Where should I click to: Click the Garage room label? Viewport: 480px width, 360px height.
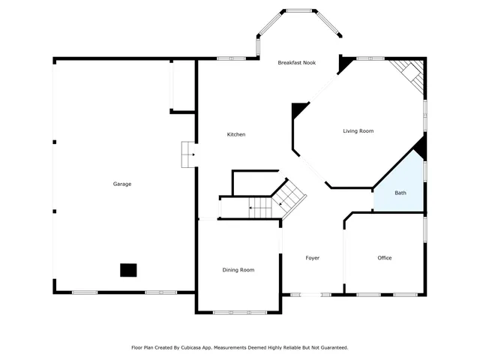click(122, 184)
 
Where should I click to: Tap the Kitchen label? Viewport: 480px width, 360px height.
click(236, 134)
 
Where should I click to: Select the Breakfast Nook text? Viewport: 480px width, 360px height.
click(296, 63)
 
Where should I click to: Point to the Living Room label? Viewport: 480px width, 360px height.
click(358, 131)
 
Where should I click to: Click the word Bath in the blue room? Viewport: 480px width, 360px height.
click(400, 193)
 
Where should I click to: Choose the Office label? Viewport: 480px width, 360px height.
click(384, 258)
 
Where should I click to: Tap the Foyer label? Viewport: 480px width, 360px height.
click(312, 258)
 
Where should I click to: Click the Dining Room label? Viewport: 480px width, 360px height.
click(238, 270)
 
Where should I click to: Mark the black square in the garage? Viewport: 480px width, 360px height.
click(129, 269)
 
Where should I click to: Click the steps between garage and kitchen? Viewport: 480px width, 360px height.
click(187, 155)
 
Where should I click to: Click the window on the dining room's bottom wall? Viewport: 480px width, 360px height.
click(238, 312)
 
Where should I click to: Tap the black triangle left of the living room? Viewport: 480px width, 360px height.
click(299, 111)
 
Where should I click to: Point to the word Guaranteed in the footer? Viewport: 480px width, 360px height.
click(330, 348)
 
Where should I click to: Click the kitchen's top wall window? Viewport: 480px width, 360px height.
click(232, 58)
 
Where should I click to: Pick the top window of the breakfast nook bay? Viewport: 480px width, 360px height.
click(299, 10)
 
